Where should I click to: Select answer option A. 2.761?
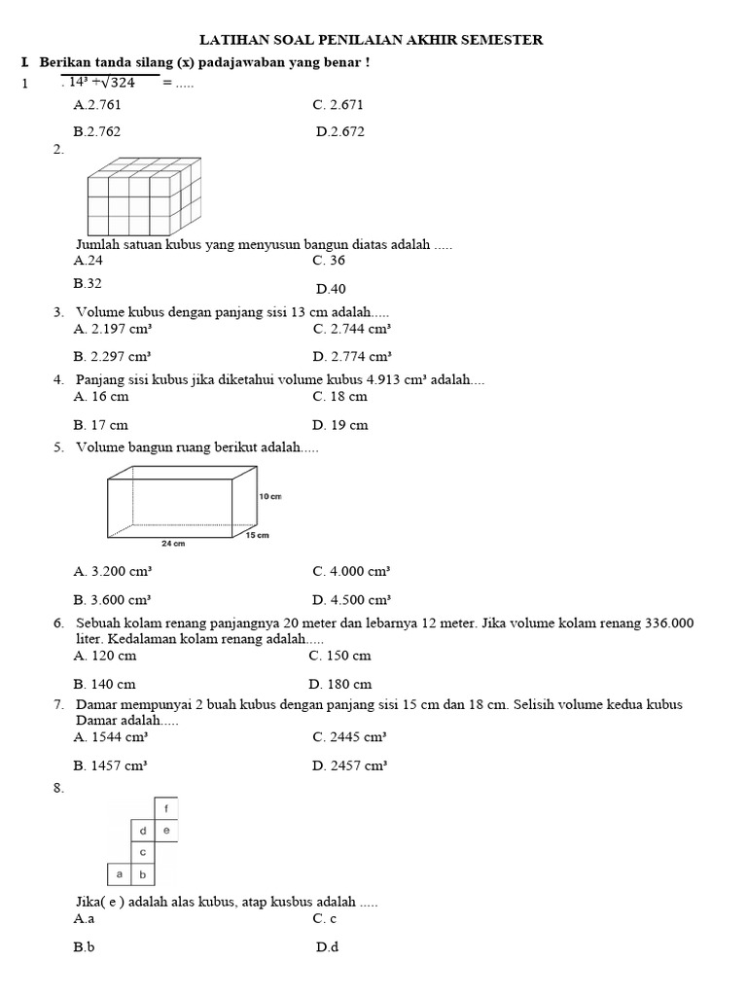(x=97, y=104)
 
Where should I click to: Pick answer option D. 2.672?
(x=340, y=131)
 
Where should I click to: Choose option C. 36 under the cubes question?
(x=329, y=261)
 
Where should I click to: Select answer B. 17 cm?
(x=100, y=425)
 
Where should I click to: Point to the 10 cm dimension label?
(x=270, y=496)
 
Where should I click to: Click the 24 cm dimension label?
(x=173, y=544)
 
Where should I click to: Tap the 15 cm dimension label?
(x=258, y=535)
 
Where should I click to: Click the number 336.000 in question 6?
(x=669, y=622)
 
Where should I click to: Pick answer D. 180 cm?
(x=341, y=684)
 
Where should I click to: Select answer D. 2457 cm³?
(x=350, y=766)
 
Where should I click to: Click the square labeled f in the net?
(x=166, y=808)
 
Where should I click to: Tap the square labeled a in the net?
(x=119, y=874)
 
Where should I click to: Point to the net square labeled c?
(x=143, y=852)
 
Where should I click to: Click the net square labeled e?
(x=166, y=831)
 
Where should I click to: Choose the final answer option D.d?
(x=327, y=946)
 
